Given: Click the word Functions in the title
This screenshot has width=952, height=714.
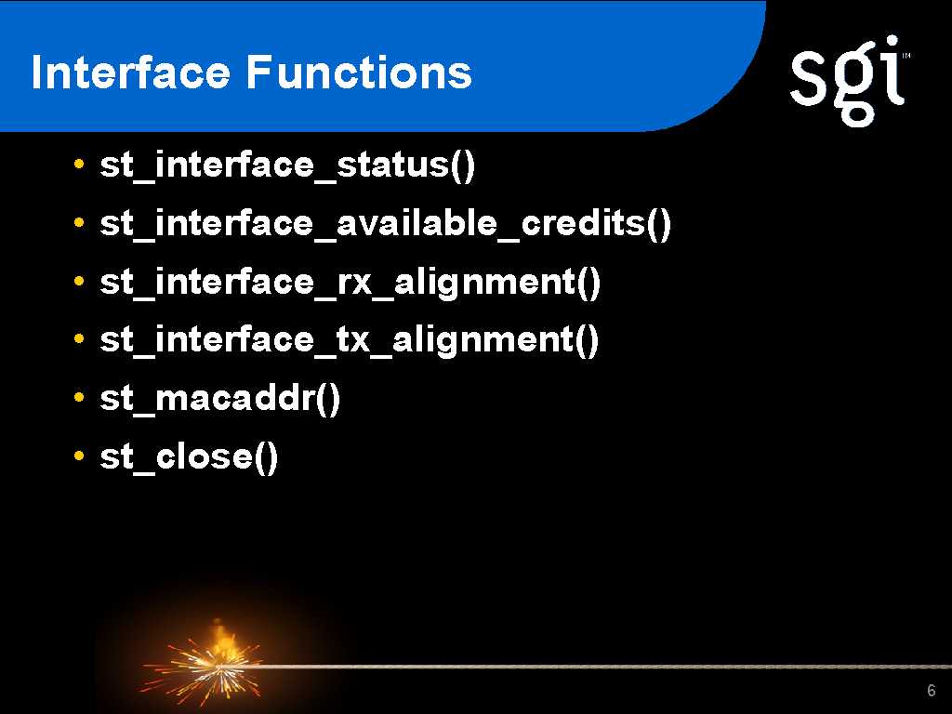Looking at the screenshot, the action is click(359, 73).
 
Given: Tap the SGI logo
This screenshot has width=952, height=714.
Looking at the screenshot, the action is click(850, 81).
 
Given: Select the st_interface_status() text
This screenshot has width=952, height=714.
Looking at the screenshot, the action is click(287, 165).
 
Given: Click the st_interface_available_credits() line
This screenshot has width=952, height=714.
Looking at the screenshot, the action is click(386, 223).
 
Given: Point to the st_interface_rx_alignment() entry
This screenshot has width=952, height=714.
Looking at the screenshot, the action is click(350, 283).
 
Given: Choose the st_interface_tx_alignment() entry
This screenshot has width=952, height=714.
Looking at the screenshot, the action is click(350, 339).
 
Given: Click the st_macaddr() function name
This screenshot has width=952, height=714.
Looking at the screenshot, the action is click(219, 398).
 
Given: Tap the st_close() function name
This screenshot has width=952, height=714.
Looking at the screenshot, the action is click(189, 456).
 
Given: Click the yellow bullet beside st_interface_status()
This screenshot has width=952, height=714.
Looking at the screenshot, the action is click(78, 164).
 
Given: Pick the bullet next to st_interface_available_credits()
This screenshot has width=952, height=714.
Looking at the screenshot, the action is click(78, 222).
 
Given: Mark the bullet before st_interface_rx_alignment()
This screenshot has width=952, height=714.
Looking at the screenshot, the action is click(78, 281).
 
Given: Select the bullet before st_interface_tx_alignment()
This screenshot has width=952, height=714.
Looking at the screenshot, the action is click(78, 338).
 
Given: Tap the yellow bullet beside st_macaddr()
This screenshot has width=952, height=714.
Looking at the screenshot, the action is click(78, 397).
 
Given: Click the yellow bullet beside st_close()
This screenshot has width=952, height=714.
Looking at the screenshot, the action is click(78, 456).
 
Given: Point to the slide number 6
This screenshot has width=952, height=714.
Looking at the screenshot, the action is click(932, 691).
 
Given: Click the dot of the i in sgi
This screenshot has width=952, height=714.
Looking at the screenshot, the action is click(892, 43).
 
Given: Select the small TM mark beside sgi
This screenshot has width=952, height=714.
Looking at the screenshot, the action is click(906, 57).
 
